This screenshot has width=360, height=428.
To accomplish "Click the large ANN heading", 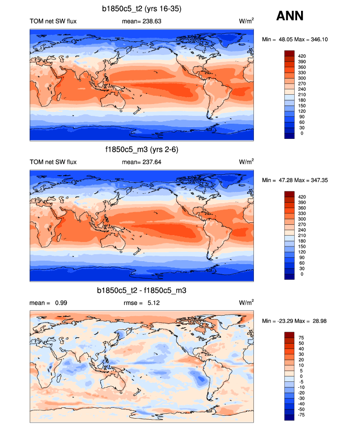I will tap(290, 16).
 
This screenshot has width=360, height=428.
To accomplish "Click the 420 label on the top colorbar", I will tap(302, 56).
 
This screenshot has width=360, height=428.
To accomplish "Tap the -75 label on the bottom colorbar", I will tap(302, 415).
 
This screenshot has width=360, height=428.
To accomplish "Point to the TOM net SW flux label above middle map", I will tap(53, 162).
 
